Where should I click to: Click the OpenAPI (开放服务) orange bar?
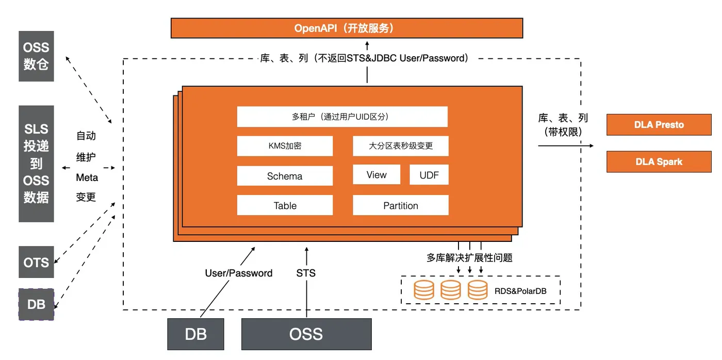click(x=347, y=28)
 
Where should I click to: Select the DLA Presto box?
click(x=659, y=125)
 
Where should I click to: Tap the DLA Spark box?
click(x=659, y=161)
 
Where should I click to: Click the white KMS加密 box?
click(x=285, y=146)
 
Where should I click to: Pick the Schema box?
click(x=285, y=176)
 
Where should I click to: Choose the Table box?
click(x=285, y=205)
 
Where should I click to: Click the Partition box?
click(x=400, y=205)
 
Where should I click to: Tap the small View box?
click(x=376, y=175)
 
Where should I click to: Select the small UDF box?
click(x=429, y=175)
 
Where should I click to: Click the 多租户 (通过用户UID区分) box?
click(x=342, y=117)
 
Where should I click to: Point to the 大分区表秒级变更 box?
click(x=400, y=146)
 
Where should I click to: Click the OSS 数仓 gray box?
click(x=36, y=56)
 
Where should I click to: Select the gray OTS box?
click(x=36, y=262)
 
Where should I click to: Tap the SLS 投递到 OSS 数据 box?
click(x=36, y=163)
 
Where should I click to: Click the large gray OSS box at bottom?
click(x=306, y=334)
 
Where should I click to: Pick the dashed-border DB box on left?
click(x=36, y=304)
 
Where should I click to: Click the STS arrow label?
click(x=306, y=272)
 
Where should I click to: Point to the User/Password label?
click(x=239, y=273)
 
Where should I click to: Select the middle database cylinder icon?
click(x=450, y=290)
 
